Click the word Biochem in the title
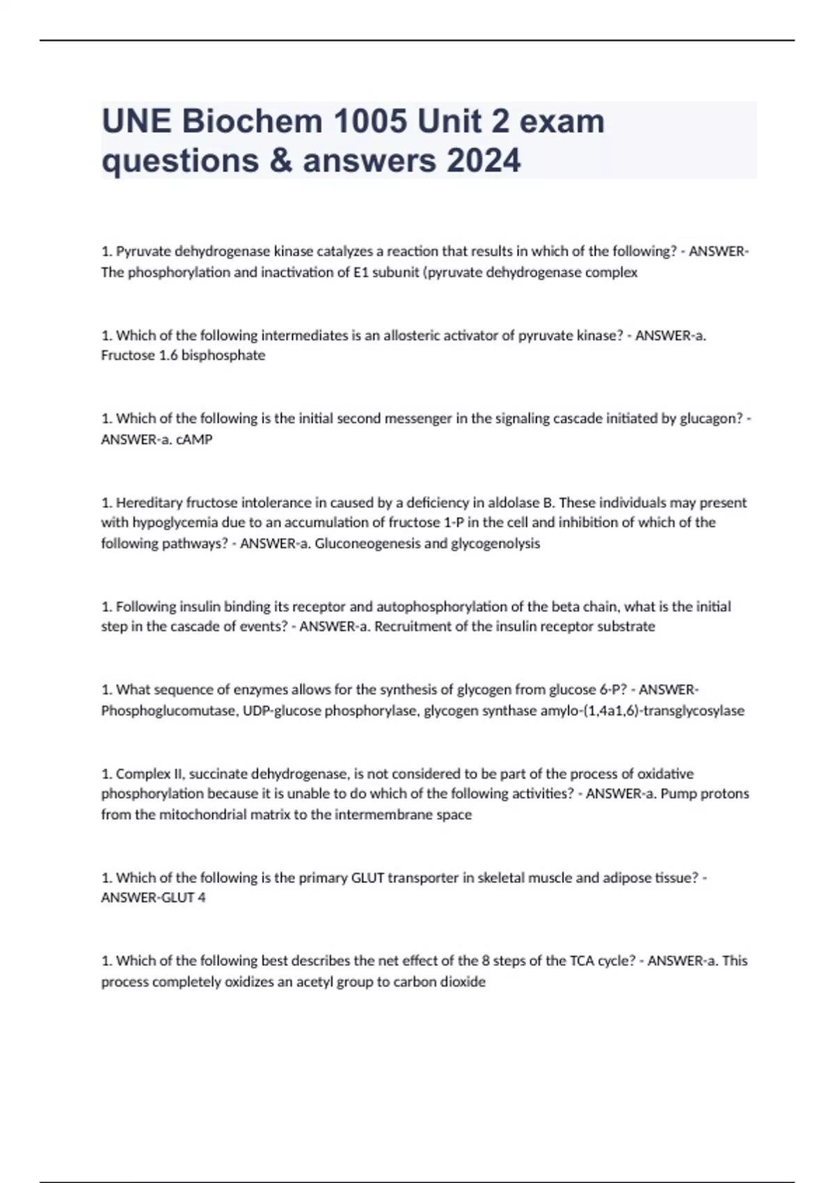coord(253,122)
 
